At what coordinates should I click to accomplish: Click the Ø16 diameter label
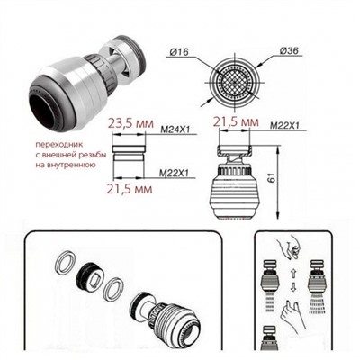point(179,52)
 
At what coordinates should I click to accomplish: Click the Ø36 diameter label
point(289,51)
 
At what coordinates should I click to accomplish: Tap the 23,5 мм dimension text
point(130,124)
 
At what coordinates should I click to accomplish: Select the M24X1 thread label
point(175,130)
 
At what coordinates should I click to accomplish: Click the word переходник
point(58,144)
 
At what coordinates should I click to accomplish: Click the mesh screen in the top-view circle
point(234,80)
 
